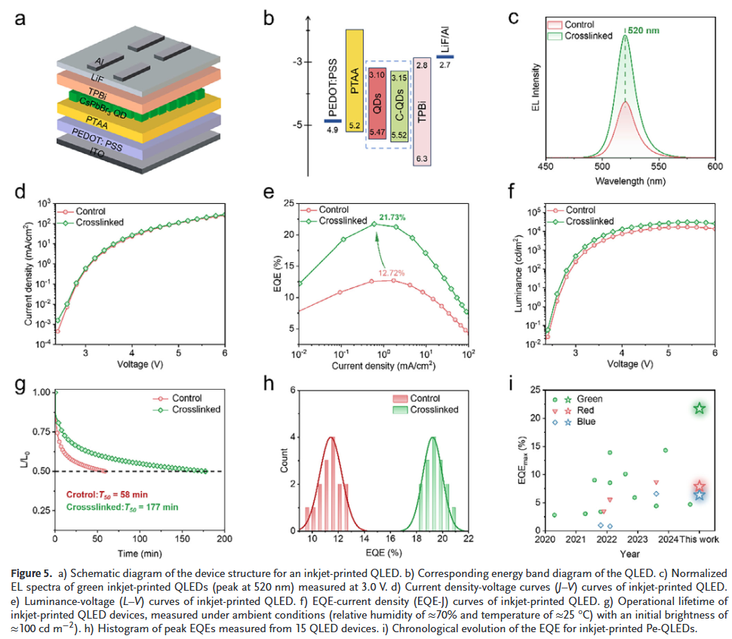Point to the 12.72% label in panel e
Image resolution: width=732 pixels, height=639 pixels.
tap(392, 271)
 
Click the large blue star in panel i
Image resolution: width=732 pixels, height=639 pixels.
tap(700, 495)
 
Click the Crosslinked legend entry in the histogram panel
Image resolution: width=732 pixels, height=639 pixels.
tap(436, 409)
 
